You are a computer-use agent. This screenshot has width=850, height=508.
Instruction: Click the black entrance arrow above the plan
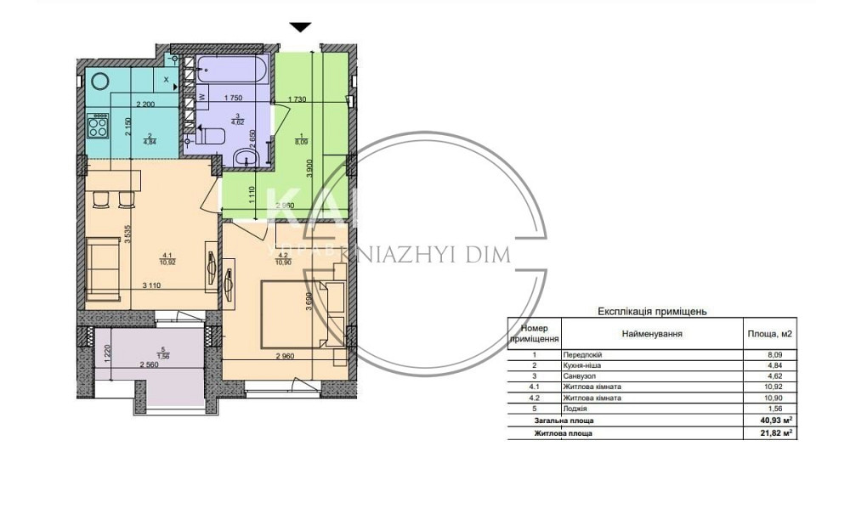pos(301,27)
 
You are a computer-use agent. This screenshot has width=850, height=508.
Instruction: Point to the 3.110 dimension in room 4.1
pos(151,285)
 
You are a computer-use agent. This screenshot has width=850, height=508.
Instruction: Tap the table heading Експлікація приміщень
pos(653,312)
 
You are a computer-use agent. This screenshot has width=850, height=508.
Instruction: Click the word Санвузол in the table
pos(581,375)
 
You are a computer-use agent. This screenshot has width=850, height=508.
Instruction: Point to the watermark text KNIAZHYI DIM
pos(425,255)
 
